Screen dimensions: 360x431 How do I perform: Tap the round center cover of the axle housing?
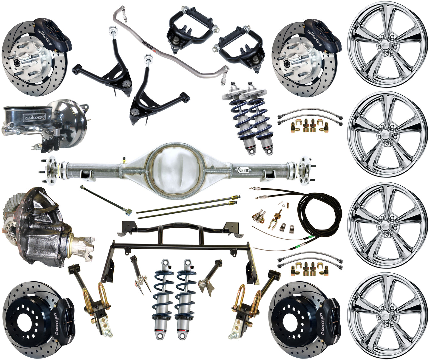[175, 168]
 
